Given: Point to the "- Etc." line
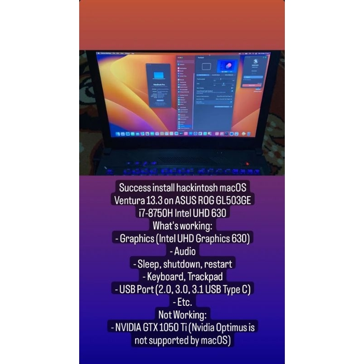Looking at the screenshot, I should (182, 302).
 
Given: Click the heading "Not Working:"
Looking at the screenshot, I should (182, 314).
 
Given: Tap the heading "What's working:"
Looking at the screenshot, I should (182, 225).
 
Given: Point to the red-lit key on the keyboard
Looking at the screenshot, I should (248, 163).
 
